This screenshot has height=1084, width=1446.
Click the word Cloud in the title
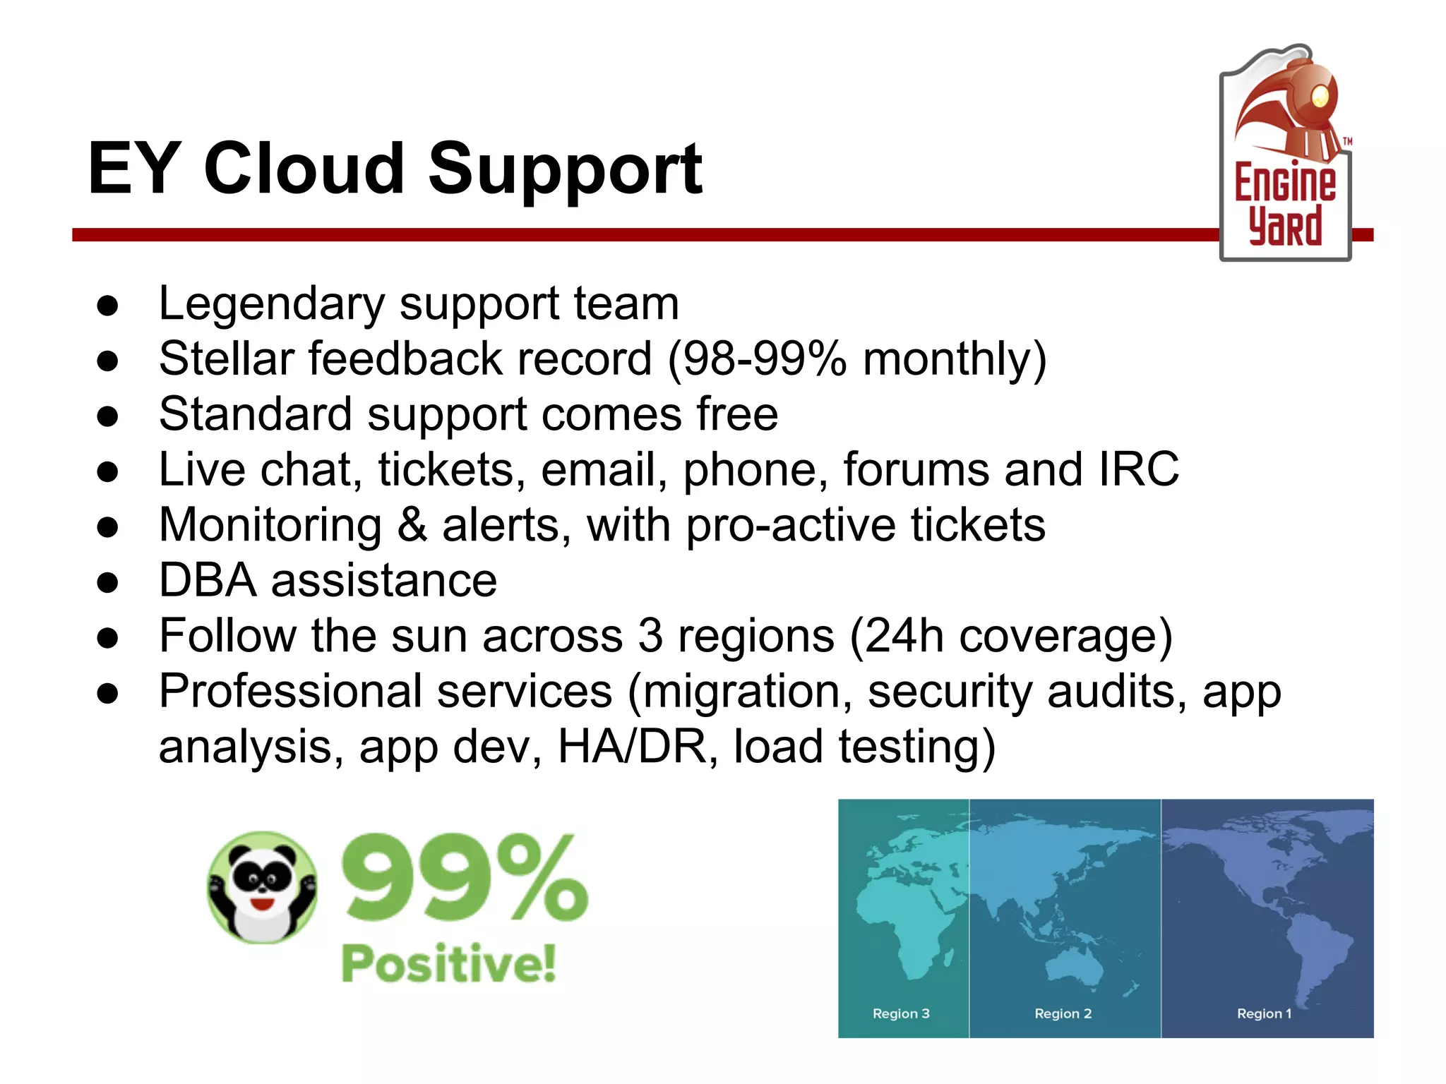click(x=304, y=169)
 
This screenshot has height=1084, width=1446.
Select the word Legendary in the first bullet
click(x=272, y=304)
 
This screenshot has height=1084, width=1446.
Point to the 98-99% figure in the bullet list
click(x=756, y=359)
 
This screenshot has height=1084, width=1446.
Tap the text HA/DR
click(x=632, y=747)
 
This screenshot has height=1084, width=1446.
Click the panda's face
click(x=263, y=882)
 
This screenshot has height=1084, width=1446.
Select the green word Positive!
click(x=449, y=963)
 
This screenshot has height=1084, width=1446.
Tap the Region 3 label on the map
click(x=901, y=1013)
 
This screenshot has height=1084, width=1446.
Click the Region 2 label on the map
click(x=1063, y=1013)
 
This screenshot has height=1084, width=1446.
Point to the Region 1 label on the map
click(x=1264, y=1013)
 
